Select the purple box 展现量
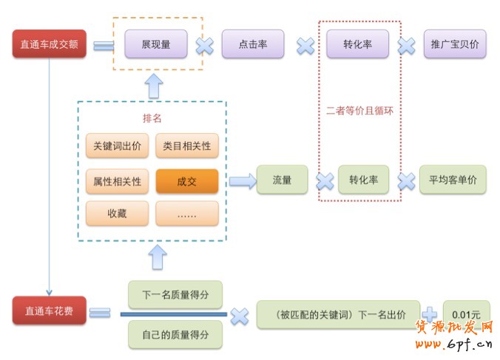coord(155,44)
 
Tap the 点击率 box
coord(254,44)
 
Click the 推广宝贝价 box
coord(455,44)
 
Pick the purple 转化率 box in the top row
coord(358,44)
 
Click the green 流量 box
coord(282,180)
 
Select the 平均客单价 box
coord(453,180)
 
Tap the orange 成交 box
coord(187,180)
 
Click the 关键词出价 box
coord(117,146)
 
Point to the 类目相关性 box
coord(187,146)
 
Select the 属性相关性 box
coord(117,180)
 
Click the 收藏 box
coord(117,214)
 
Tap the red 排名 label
coord(152,118)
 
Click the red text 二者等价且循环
coord(359,111)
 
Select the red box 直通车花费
coord(49,310)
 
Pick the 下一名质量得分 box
coord(175,294)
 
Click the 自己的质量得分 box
coord(175,334)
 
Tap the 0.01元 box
coord(466,313)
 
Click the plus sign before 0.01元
coord(430,313)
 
